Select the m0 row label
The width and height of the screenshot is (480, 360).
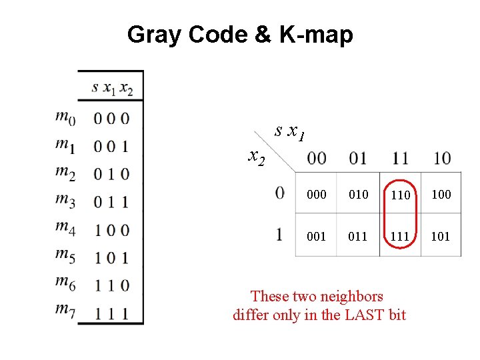click(x=65, y=118)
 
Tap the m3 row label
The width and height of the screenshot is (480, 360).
click(x=65, y=201)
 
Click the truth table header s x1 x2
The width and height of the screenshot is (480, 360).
click(x=112, y=87)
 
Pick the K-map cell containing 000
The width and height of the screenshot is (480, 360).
click(x=317, y=195)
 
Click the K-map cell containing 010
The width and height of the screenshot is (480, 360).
click(x=358, y=195)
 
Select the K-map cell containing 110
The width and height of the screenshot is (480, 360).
click(x=400, y=195)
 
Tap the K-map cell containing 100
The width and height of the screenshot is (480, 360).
click(x=441, y=195)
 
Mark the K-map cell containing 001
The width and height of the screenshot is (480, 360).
click(x=317, y=236)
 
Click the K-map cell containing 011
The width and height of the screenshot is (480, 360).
click(x=358, y=236)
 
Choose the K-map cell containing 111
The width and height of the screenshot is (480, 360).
click(x=400, y=236)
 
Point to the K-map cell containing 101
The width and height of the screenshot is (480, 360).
click(x=441, y=236)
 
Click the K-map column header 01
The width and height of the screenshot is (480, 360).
click(x=358, y=159)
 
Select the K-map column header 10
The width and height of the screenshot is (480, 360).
click(x=441, y=159)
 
